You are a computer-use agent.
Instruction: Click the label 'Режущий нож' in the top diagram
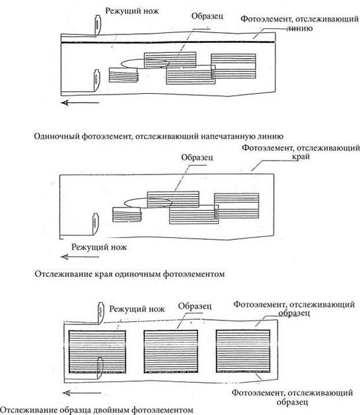pyautogui.click(x=132, y=11)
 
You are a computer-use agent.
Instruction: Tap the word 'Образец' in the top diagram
pyautogui.click(x=207, y=16)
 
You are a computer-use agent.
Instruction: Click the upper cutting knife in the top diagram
pyautogui.click(x=97, y=25)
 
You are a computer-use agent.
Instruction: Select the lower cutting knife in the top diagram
pyautogui.click(x=97, y=80)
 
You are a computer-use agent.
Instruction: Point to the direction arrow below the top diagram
pyautogui.click(x=80, y=102)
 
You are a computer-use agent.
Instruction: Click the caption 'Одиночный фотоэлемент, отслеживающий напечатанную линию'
pyautogui.click(x=159, y=136)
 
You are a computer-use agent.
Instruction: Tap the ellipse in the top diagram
pyautogui.click(x=145, y=63)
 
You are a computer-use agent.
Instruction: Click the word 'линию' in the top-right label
pyautogui.click(x=300, y=28)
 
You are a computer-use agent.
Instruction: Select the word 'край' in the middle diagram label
pyautogui.click(x=301, y=157)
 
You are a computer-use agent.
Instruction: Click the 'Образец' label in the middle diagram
pyautogui.click(x=197, y=157)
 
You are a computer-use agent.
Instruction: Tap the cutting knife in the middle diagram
pyautogui.click(x=96, y=224)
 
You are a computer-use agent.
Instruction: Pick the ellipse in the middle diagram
pyautogui.click(x=148, y=203)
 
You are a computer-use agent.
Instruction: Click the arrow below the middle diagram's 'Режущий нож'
pyautogui.click(x=80, y=256)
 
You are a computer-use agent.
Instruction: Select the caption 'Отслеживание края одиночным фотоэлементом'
pyautogui.click(x=129, y=274)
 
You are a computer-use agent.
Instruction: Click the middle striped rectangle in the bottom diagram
pyautogui.click(x=171, y=351)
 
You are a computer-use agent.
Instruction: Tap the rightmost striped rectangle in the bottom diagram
pyautogui.click(x=243, y=351)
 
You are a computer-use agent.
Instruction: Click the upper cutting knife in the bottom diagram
pyautogui.click(x=100, y=313)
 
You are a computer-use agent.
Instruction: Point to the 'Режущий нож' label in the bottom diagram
pyautogui.click(x=137, y=309)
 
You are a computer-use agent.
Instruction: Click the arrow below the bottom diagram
pyautogui.click(x=82, y=393)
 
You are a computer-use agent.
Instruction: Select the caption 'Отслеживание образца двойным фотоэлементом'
pyautogui.click(x=97, y=410)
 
